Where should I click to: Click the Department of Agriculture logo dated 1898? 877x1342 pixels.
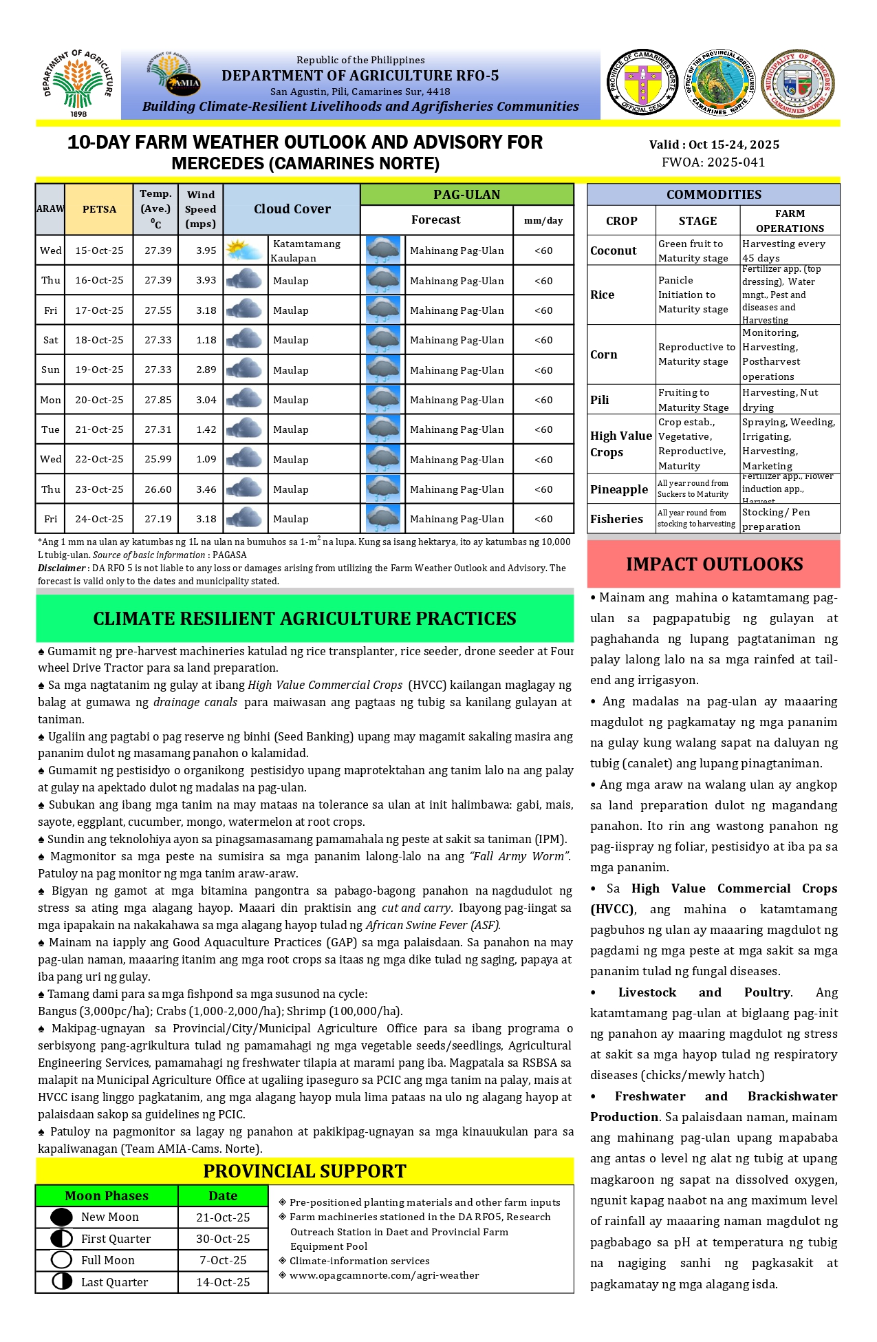point(78,83)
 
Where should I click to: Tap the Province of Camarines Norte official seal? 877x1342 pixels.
point(642,82)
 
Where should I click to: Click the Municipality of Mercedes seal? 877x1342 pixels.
point(798,83)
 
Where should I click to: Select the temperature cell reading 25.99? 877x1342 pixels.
point(158,459)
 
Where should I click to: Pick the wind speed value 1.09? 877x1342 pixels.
point(206,459)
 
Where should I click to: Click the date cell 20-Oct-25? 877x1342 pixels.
point(99,400)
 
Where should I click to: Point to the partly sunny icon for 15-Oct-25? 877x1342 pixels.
point(244,251)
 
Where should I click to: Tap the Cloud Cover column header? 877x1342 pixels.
point(292,209)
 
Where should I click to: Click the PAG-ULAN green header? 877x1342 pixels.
point(466,195)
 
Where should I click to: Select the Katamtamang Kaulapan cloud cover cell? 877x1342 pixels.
point(306,251)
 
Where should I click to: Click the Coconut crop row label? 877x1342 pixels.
point(613,251)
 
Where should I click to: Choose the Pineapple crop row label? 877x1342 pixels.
point(618,489)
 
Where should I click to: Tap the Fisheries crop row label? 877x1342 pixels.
point(616,519)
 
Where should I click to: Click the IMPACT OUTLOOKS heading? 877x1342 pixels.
point(714,564)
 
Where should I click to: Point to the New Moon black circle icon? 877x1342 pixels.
point(61,1217)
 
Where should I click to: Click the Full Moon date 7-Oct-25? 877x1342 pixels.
point(223,1260)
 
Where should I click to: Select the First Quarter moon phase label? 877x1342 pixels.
point(116,1239)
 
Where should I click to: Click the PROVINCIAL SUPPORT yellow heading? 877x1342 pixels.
point(305,1171)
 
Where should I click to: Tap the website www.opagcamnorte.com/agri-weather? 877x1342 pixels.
point(384,1275)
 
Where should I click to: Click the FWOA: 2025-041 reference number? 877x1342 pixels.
point(713,162)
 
